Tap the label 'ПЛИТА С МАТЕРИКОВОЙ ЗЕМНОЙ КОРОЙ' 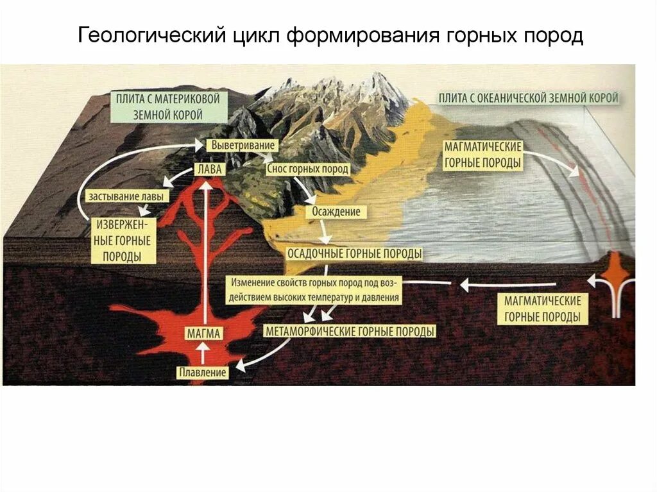[169, 107]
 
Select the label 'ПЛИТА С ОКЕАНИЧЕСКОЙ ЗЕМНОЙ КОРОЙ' [529, 98]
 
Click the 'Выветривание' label [238, 146]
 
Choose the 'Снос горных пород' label [307, 169]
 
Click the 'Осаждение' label [336, 211]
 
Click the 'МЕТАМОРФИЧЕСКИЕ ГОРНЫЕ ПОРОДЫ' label [350, 332]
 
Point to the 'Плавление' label [203, 372]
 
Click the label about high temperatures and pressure [314, 290]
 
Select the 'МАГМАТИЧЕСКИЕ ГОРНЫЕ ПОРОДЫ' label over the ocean [482, 155]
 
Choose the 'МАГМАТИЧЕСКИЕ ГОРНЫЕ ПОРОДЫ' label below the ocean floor [542, 309]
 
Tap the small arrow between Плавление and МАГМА [204, 353]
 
